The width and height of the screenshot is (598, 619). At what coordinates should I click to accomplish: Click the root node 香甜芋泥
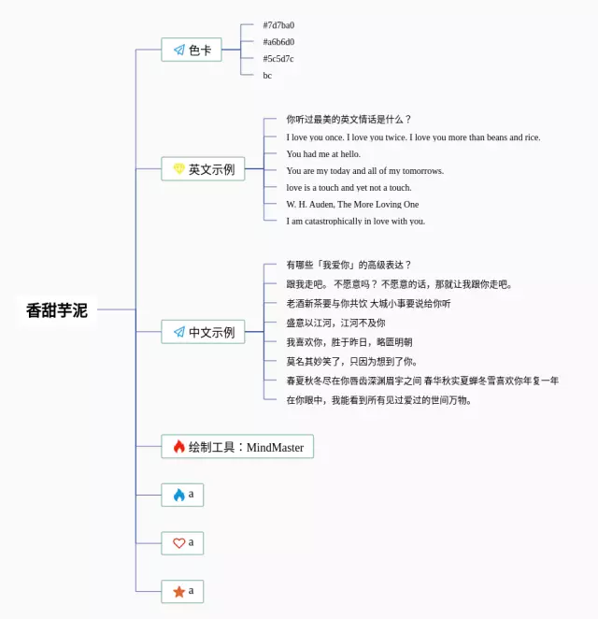57,310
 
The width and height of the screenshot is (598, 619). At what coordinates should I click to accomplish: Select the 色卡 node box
192,50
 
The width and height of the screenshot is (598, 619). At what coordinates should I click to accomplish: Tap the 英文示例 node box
204,169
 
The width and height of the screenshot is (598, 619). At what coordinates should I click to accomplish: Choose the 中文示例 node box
203,331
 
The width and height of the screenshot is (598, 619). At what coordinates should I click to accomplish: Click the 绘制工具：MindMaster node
237,447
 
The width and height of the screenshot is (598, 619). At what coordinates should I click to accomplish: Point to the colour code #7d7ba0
278,25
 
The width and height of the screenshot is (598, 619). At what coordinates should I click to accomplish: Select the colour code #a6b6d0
278,42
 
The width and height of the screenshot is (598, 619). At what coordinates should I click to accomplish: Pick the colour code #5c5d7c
278,59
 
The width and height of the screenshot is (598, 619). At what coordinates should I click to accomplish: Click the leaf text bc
267,76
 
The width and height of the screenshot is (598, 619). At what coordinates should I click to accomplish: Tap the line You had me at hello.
323,154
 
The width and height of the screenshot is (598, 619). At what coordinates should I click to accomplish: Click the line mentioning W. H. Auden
352,205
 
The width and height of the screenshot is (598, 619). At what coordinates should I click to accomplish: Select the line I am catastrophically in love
355,222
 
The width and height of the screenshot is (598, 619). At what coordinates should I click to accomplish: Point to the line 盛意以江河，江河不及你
335,323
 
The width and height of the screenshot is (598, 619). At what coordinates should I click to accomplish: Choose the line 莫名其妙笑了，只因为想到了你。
352,361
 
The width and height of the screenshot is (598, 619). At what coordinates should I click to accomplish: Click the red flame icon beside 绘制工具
178,447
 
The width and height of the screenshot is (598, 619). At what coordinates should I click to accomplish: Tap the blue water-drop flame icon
178,495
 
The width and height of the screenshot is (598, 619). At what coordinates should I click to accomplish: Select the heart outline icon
178,543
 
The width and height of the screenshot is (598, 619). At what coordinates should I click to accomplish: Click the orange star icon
178,592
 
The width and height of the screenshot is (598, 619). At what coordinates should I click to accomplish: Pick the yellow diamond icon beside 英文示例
178,169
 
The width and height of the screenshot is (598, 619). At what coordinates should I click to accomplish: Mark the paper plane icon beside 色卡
178,50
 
